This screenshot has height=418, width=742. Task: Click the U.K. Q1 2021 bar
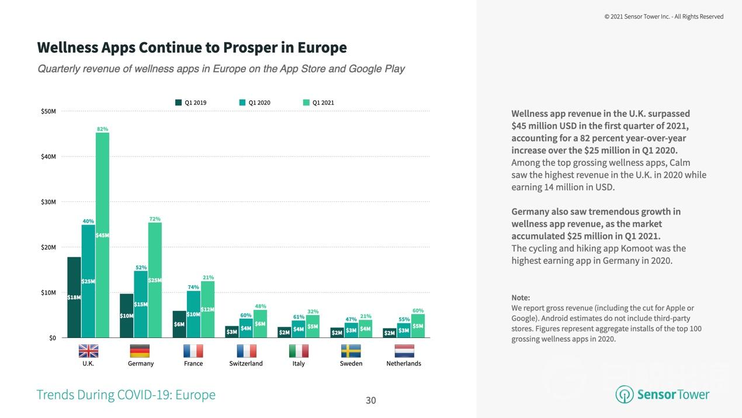[x=102, y=234]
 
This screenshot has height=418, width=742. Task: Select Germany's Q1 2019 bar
[x=127, y=316]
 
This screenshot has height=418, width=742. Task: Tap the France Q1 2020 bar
[x=193, y=314]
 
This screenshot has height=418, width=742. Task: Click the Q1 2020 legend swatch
[x=242, y=103]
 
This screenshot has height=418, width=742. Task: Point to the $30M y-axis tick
[x=47, y=202]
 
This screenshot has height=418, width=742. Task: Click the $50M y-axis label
[x=47, y=112]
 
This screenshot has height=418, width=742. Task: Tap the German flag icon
[x=140, y=351]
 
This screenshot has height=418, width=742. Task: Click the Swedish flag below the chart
[x=351, y=351]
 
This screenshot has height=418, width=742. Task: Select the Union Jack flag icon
[x=88, y=351]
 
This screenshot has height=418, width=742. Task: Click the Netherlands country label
[x=403, y=364]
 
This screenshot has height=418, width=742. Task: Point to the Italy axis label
[x=298, y=364]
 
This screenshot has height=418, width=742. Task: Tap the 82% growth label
[x=102, y=129]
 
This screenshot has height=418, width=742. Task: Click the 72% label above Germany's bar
[x=155, y=219]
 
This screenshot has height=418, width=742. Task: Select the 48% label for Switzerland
[x=261, y=306]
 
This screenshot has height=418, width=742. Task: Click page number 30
[x=371, y=400]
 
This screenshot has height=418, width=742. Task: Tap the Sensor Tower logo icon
[x=625, y=395]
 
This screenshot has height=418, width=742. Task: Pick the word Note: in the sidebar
[x=521, y=298]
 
